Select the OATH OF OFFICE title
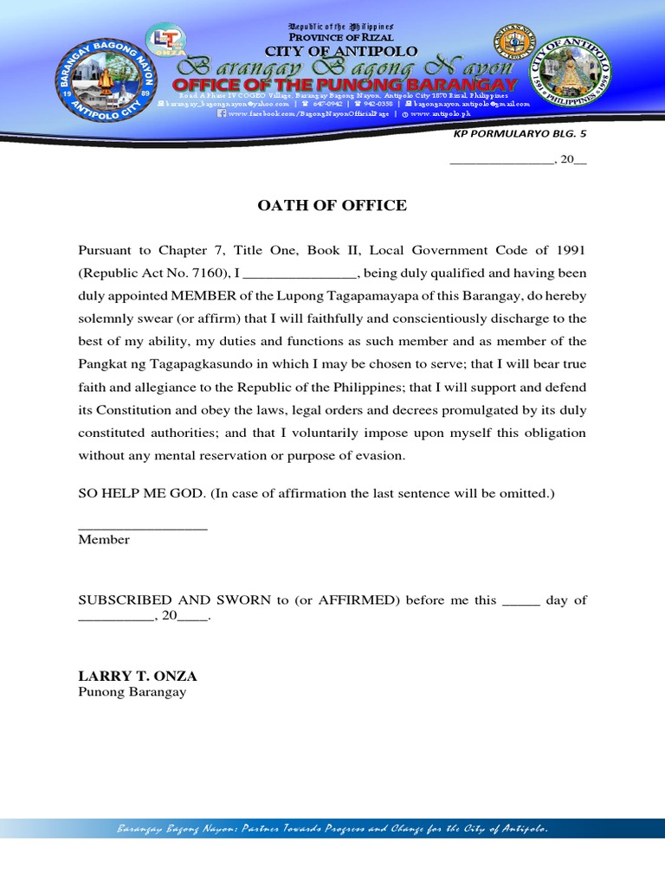pyautogui.click(x=332, y=205)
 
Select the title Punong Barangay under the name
pyautogui.click(x=132, y=693)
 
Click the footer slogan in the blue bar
pyautogui.click(x=332, y=830)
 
